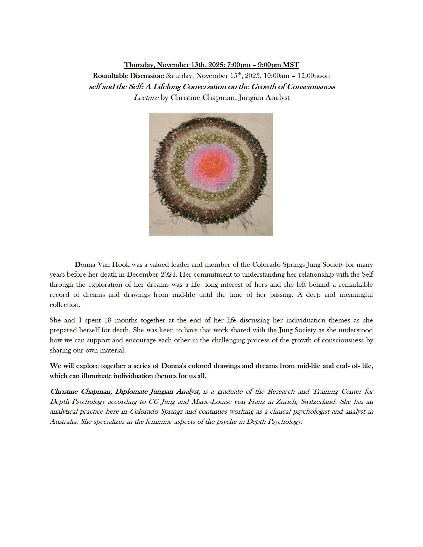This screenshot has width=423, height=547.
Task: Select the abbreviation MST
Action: click(x=291, y=65)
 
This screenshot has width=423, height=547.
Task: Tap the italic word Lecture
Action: click(x=146, y=98)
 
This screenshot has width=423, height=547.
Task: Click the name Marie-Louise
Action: click(x=211, y=401)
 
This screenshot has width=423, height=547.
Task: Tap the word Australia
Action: click(x=64, y=422)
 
